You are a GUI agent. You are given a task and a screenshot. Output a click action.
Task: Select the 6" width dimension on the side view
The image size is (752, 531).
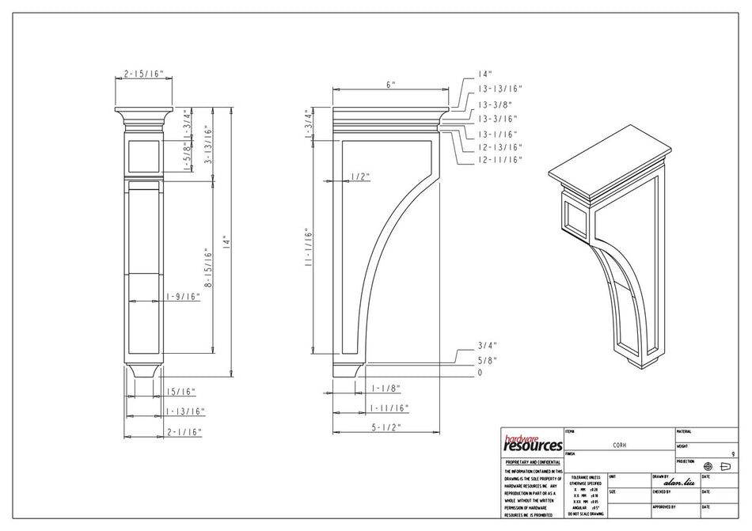pyautogui.click(x=390, y=84)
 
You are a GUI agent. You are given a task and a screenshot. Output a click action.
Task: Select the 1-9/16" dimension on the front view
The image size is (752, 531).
pyautogui.click(x=182, y=297)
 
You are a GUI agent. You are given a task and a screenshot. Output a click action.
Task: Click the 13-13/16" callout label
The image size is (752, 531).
pyautogui.click(x=499, y=89)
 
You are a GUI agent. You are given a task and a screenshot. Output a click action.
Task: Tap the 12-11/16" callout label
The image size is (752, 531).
pyautogui.click(x=499, y=160)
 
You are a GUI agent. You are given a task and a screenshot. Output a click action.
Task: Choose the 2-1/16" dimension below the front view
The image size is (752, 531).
pyautogui.click(x=184, y=432)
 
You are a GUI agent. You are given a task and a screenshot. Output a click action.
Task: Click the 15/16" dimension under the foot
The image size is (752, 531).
pyautogui.click(x=180, y=391)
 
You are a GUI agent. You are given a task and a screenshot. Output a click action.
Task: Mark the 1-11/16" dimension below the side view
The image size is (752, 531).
pyautogui.click(x=388, y=408)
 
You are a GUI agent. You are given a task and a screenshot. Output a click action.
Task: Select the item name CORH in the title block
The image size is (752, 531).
pyautogui.click(x=621, y=445)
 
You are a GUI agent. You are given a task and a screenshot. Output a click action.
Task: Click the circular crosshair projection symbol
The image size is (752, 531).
pyautogui.click(x=708, y=467)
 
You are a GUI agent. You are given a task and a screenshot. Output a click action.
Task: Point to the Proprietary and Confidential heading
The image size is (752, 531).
pyautogui.click(x=532, y=461)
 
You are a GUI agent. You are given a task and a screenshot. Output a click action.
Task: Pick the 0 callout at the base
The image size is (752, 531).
pyautogui.click(x=480, y=372)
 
